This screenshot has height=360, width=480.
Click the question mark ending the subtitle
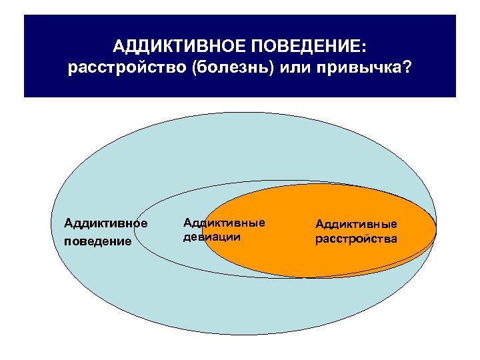(407, 69)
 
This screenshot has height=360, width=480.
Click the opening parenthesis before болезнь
(193, 69)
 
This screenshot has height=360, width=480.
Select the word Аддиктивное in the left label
(105, 223)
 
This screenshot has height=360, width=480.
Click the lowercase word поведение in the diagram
(98, 241)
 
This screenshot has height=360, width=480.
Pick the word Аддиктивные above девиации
(223, 222)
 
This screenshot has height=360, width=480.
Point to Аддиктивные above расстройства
(356, 224)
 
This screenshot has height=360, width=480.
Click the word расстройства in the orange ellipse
(356, 239)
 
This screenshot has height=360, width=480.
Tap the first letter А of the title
(117, 47)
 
